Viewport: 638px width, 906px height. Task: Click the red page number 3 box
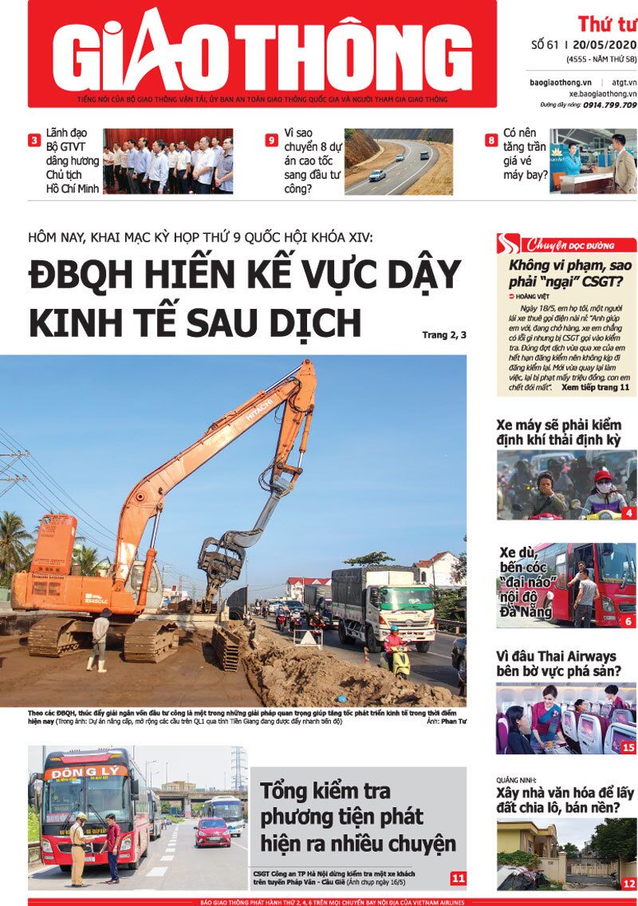(34, 140)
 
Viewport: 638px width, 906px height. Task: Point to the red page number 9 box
(272, 140)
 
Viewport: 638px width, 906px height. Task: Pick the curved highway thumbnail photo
(398, 162)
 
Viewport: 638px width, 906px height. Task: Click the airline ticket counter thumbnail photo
(593, 162)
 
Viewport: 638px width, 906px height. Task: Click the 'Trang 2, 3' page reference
(444, 335)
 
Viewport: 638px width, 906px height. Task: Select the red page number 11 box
(458, 878)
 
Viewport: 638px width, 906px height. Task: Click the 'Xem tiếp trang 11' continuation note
(595, 386)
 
